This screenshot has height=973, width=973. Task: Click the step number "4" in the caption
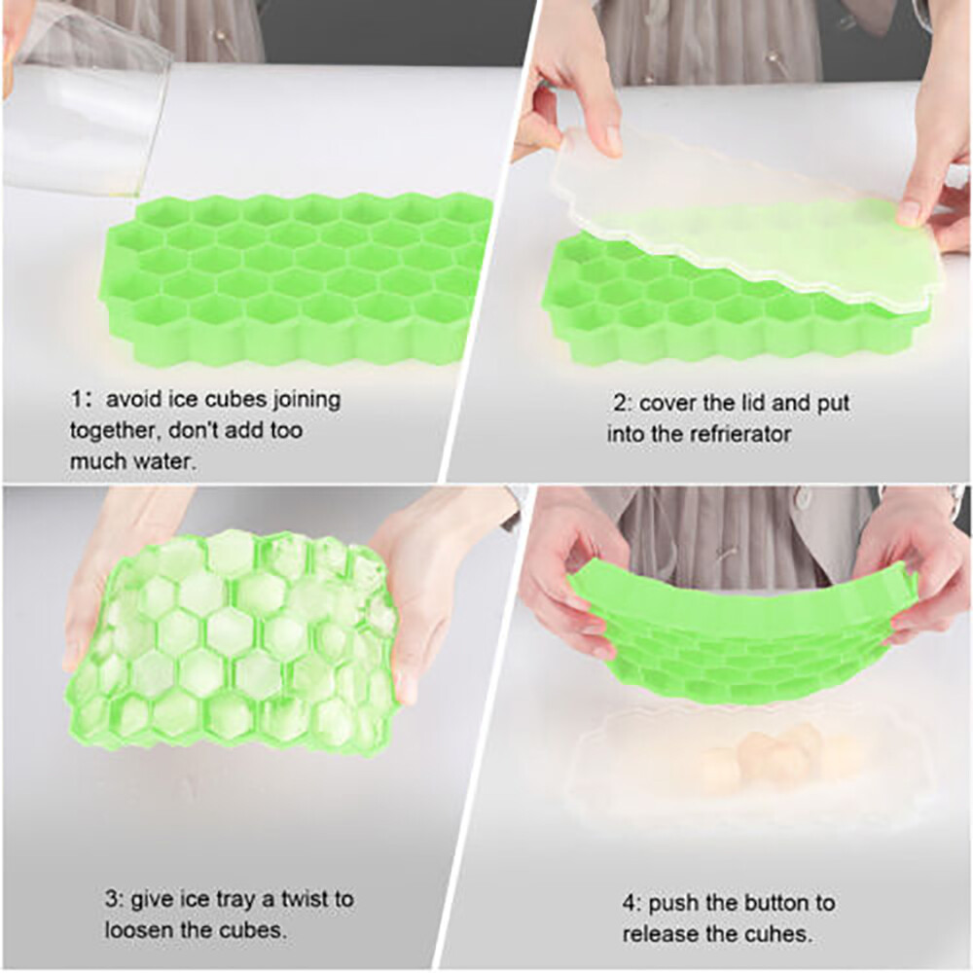628,903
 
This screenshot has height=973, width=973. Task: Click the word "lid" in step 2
767,403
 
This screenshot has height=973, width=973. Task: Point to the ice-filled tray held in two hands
234,637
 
